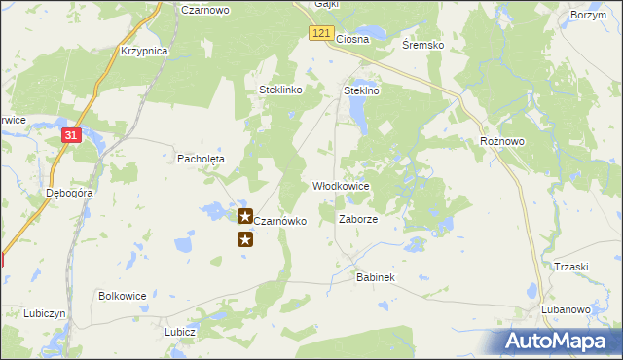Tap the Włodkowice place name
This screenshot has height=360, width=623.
tap(341, 185)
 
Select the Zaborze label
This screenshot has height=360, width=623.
tap(357, 219)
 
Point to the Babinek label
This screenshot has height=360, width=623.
tap(375, 277)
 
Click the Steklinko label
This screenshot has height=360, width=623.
tap(281, 90)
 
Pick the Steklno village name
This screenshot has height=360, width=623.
tap(361, 90)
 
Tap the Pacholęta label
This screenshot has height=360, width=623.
tap(201, 158)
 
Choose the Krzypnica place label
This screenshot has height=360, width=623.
tap(144, 51)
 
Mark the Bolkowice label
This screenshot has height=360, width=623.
tap(123, 295)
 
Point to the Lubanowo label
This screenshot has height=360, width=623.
tap(567, 309)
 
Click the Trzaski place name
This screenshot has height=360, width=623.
tap(571, 268)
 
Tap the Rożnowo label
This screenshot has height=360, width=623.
tap(502, 141)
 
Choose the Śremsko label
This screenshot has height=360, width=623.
tap(423, 45)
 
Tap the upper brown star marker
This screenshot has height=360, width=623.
tap(245, 215)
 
